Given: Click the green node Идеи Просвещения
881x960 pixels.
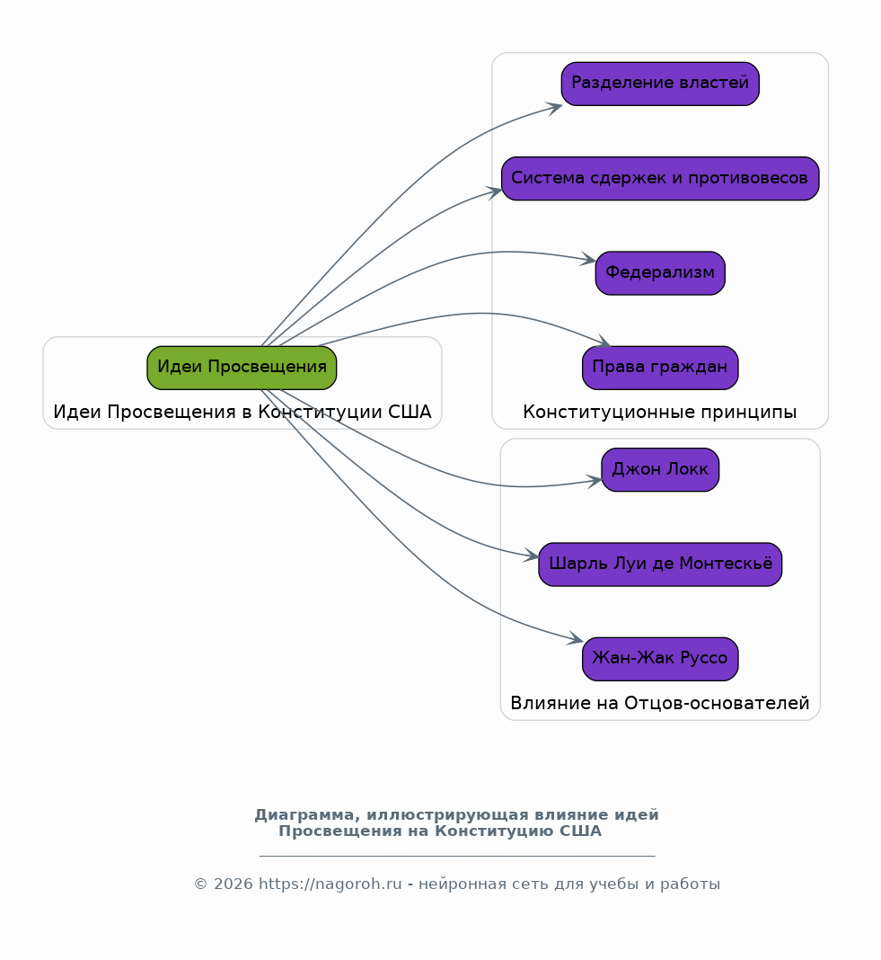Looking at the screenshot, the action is pos(242,368).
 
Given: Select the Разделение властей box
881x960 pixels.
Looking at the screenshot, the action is pos(660,84).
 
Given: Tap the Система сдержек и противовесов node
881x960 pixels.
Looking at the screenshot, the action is pos(660,178).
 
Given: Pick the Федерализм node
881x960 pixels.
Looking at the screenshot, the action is pos(660,273).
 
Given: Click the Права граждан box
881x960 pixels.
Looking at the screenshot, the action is pos(660,368).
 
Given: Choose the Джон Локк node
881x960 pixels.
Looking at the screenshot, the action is pos(660,469).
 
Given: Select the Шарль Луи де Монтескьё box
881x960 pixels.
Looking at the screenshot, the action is pos(660,564).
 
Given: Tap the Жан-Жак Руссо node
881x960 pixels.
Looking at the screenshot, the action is pos(660,659).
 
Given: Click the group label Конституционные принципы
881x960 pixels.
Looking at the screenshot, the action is pos(659,412).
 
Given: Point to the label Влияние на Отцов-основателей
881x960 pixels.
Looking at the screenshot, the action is pos(659,703).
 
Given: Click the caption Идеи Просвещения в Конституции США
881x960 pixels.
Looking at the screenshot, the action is pos(242,412).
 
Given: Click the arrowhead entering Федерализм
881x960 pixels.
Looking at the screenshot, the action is pos(588,260).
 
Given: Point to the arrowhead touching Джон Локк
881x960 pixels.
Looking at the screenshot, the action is pos(595,481).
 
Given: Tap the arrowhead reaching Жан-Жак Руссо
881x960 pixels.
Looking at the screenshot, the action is pos(576,638).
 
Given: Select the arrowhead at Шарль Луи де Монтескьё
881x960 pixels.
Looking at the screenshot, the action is pos(532,556).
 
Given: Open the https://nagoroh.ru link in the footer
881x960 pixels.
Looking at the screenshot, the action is pos(330,884).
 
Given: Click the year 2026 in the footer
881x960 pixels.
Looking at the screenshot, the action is pos(233,884).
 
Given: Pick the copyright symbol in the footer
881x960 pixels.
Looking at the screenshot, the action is pos(200,884).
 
